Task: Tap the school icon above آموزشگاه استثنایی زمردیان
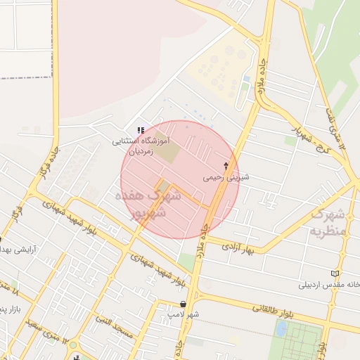click(141, 130)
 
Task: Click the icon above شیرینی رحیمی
click(226, 166)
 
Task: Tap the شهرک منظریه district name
click(328, 222)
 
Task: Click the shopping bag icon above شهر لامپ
click(184, 304)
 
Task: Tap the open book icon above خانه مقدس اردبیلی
click(334, 274)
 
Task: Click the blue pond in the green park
click(281, 329)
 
